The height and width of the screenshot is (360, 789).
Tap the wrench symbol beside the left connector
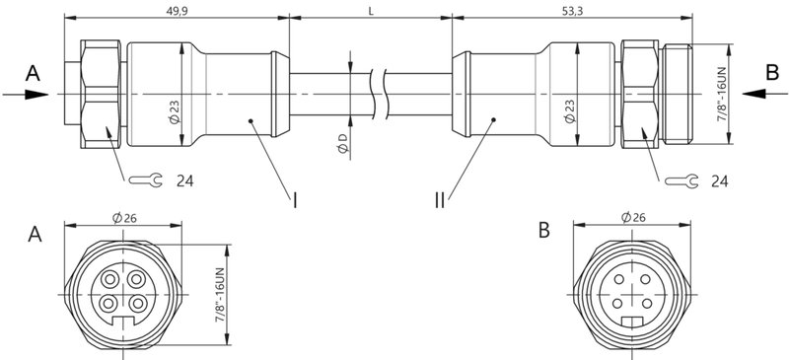pyautogui.click(x=144, y=180)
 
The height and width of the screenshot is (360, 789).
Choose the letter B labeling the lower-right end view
pyautogui.click(x=544, y=233)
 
